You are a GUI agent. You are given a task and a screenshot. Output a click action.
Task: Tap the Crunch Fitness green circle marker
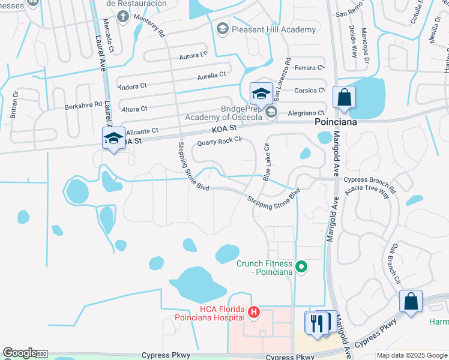302,268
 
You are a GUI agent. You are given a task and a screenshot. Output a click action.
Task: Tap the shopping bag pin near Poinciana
344,97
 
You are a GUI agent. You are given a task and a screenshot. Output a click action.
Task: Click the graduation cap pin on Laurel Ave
113,138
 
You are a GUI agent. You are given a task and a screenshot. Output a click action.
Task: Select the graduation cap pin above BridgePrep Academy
262,94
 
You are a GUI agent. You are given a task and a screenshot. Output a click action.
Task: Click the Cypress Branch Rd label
370,180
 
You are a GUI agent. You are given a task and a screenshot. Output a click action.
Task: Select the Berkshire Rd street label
83,105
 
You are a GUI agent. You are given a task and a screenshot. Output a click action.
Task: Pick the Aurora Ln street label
193,56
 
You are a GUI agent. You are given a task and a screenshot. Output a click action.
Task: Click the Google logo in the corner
20,353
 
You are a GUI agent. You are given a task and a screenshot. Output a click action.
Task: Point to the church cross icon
123,15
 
